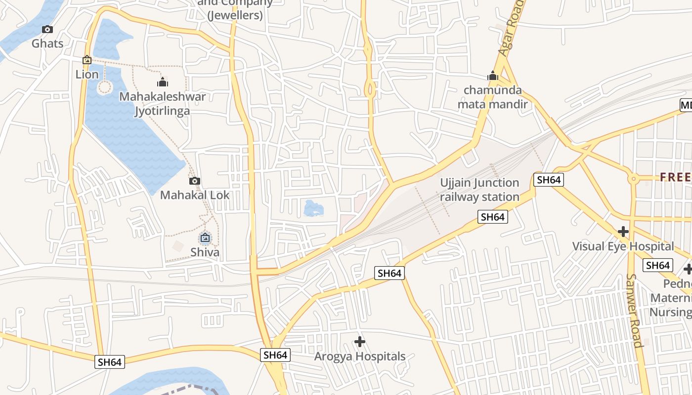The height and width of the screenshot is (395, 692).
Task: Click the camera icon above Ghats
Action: click(x=47, y=30)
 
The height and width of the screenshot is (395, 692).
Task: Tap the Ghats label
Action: click(x=47, y=43)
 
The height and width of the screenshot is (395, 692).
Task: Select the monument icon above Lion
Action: click(x=87, y=60)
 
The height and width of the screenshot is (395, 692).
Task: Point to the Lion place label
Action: click(x=87, y=75)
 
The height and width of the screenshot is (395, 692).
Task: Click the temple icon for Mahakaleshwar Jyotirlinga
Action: click(x=163, y=82)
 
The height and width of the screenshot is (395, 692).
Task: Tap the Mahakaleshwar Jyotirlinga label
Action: click(x=163, y=104)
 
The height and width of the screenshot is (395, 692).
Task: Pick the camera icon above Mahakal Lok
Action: click(x=195, y=181)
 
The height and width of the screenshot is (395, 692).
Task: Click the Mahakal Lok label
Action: click(x=195, y=195)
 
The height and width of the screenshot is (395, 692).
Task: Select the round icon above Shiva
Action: click(x=205, y=238)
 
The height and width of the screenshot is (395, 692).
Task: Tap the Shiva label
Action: click(x=205, y=253)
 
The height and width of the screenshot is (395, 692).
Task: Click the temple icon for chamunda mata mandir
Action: click(x=493, y=76)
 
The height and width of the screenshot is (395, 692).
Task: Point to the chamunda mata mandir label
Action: click(x=492, y=97)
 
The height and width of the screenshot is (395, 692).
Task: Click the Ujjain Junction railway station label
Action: click(x=479, y=190)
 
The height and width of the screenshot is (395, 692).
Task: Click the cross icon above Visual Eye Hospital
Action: click(x=623, y=231)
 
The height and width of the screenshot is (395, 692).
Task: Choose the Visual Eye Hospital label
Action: click(x=623, y=246)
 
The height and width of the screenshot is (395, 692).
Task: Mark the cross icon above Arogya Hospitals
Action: click(x=360, y=341)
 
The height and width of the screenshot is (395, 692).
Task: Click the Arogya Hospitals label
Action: click(x=360, y=356)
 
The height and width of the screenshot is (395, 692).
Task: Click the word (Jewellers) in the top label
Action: click(x=235, y=15)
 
